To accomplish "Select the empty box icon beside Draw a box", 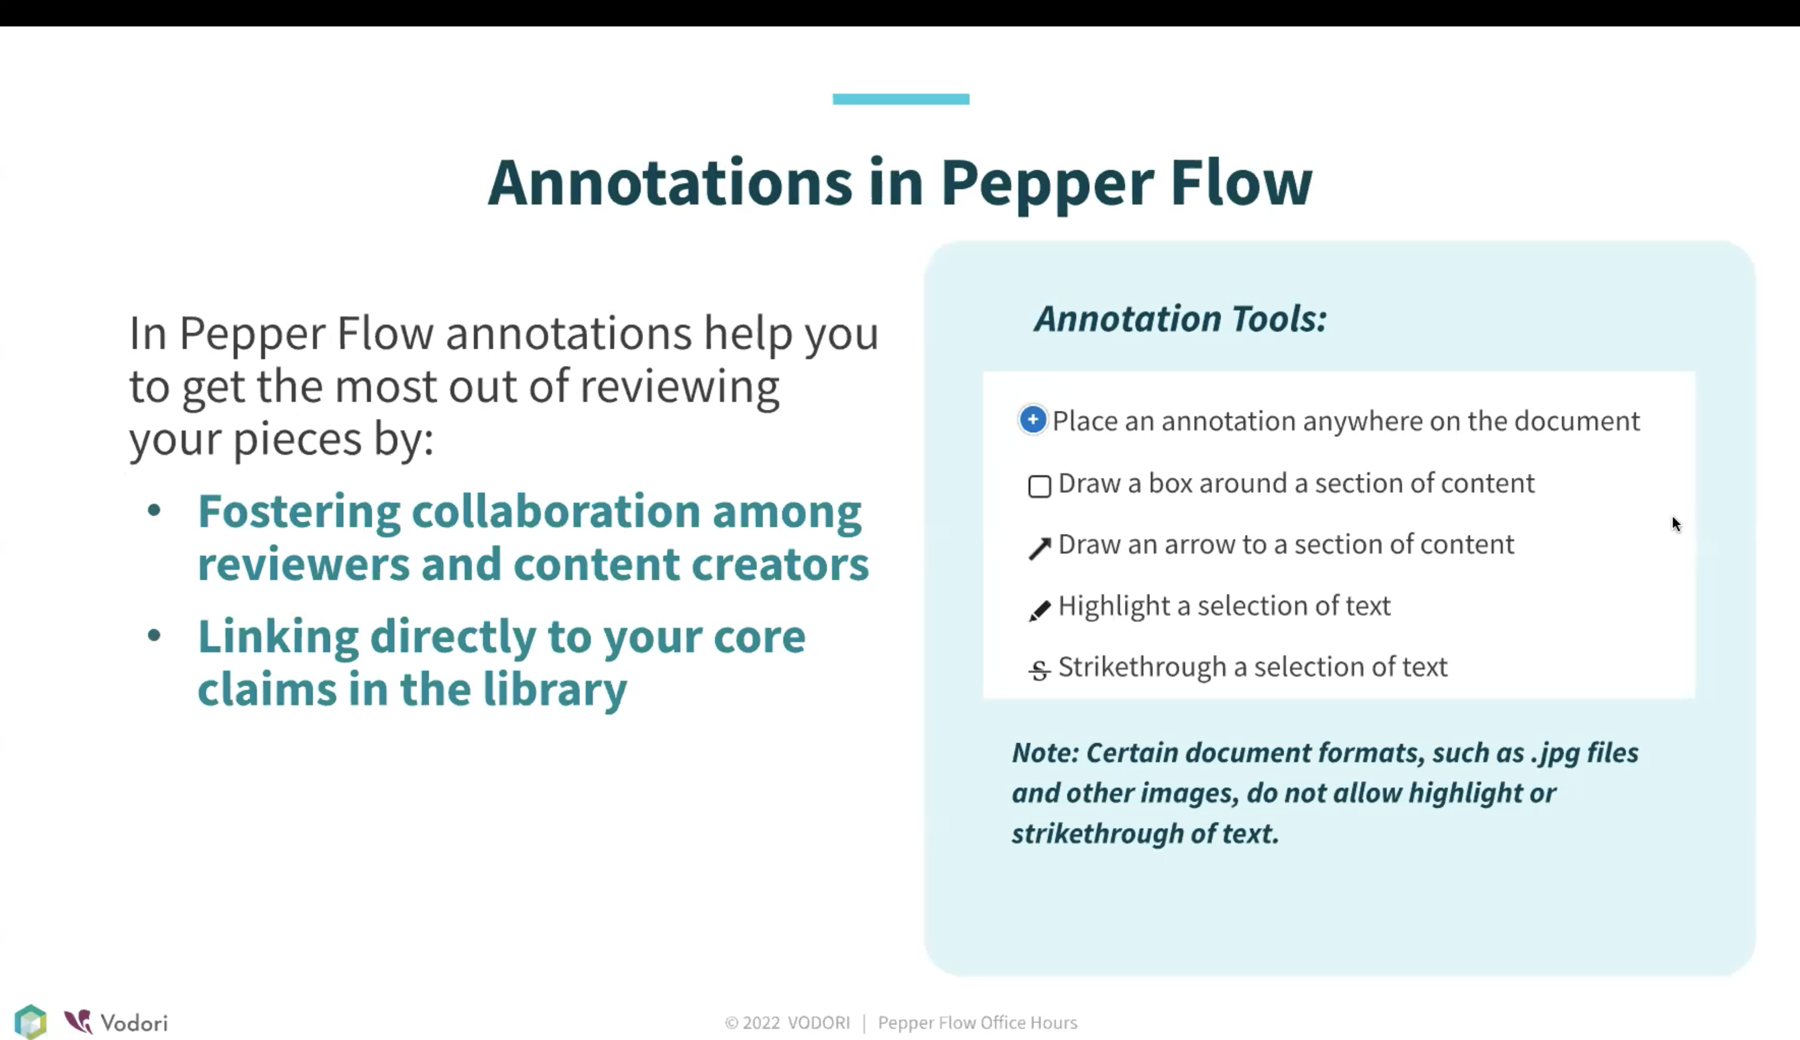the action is coord(1039,486).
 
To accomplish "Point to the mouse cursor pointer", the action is coord(1676,524).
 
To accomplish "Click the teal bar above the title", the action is coord(901,99).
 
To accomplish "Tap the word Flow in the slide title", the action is coord(1241,183).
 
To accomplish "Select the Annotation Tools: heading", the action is coord(1180,319).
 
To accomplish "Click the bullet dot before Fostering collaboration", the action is coord(154,511).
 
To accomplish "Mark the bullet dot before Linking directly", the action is coord(154,635).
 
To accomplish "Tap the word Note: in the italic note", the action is coord(1045,753).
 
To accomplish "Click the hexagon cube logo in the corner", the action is coord(31,1022).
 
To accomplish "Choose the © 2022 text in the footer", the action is coord(752,1023).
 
